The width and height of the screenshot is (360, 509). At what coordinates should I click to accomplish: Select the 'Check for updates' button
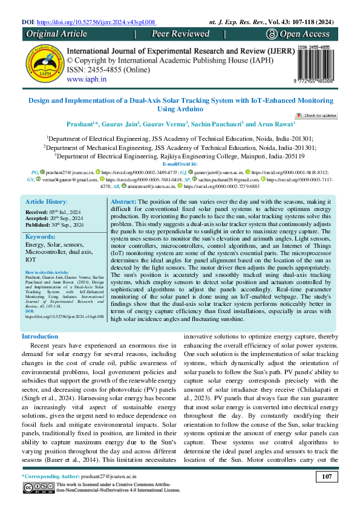point(316,115)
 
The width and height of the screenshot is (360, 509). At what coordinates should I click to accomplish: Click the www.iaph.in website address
point(87,79)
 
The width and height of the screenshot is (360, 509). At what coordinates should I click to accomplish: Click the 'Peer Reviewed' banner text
point(180,34)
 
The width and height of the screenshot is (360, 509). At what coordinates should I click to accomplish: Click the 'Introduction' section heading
point(40,336)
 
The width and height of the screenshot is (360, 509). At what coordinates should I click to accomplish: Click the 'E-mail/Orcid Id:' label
point(180,164)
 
